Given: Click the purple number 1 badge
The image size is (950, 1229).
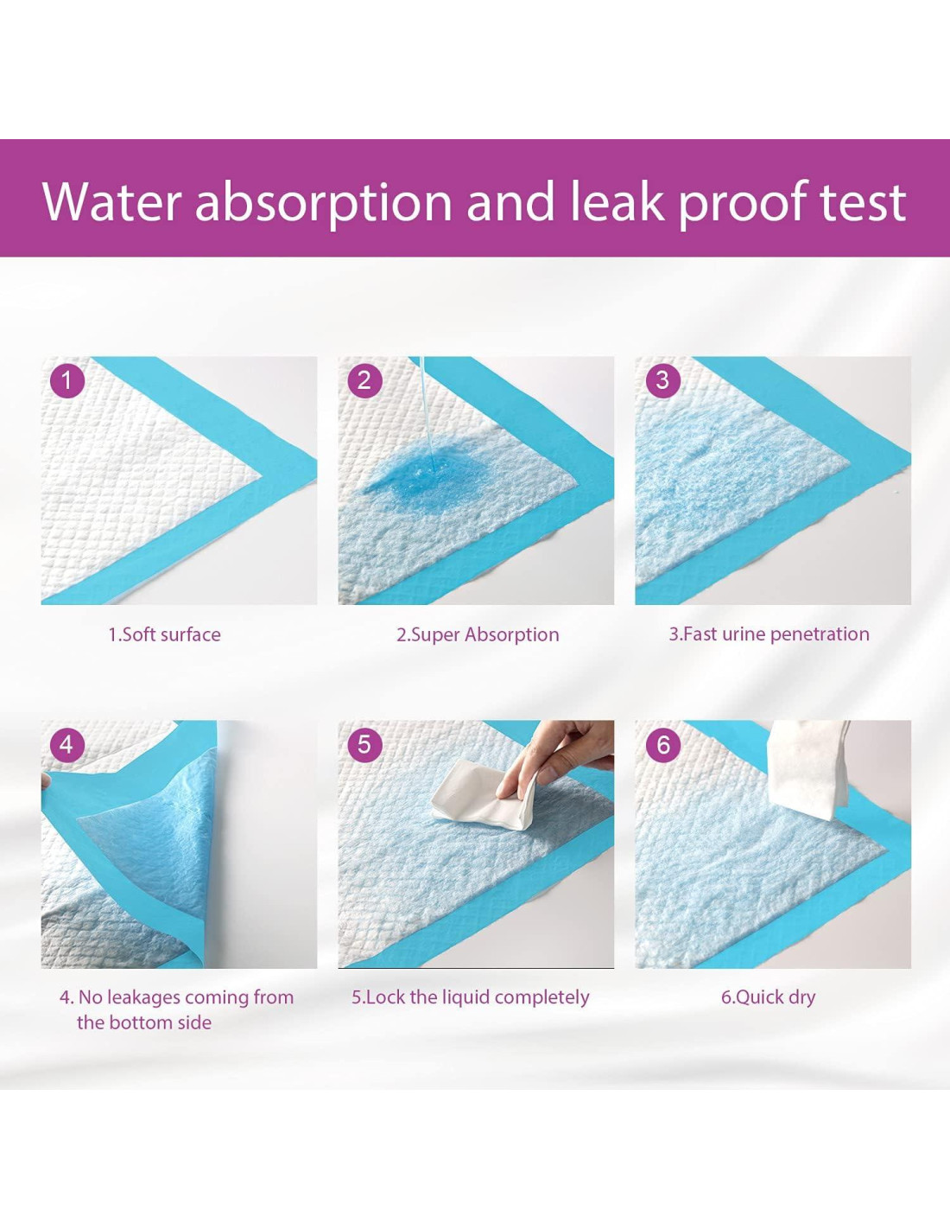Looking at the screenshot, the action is [66, 380].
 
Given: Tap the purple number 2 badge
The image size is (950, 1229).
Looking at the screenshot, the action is [364, 380].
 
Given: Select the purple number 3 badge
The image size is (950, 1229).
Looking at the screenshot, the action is [662, 380].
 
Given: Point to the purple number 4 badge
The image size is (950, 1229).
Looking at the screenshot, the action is [66, 744].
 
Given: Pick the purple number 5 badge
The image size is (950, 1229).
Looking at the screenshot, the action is [364, 744].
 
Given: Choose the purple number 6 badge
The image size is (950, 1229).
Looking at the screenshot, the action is [662, 744].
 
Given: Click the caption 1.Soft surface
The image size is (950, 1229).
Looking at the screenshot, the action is [164, 634].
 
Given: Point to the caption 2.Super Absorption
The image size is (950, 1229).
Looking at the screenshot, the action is [477, 635].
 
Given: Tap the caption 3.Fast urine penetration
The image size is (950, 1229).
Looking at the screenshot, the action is [769, 634].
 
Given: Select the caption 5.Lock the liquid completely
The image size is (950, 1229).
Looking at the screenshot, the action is [470, 997].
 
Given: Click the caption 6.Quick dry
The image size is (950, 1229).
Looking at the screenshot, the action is [768, 997].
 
